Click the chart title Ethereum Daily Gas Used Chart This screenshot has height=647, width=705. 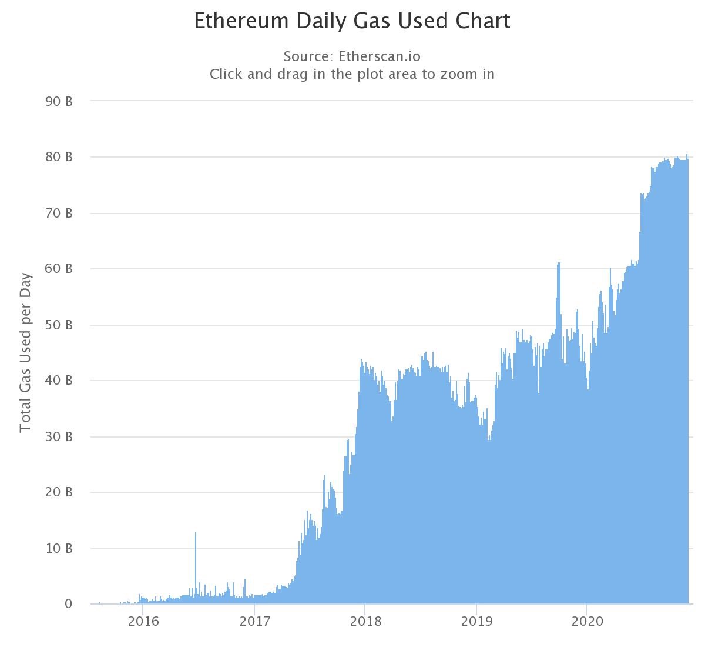pos(352,21)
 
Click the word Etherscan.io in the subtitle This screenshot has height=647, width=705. pos(379,56)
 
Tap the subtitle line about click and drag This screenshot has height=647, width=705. pos(352,74)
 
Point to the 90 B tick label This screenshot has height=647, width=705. pos(59,101)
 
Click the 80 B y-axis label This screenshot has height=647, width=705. pos(59,157)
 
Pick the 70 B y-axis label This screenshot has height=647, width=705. pos(59,213)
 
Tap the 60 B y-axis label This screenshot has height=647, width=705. pos(59,269)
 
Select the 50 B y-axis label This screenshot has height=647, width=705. pos(59,325)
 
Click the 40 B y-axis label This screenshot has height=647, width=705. pos(59,381)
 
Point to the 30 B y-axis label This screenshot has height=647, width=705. pos(59,436)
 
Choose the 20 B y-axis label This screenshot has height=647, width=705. pos(59,492)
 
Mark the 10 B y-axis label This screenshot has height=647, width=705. pos(59,548)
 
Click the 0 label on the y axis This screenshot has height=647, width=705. pos(69,604)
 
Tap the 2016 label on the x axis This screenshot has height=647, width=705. pos(143,622)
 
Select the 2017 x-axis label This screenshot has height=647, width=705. pos(254,622)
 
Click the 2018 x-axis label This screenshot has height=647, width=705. pos(365,622)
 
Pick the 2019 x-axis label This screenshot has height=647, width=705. pos(476,622)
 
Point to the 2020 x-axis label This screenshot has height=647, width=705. pos(587,622)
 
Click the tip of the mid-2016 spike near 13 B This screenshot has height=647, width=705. pos(196,533)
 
